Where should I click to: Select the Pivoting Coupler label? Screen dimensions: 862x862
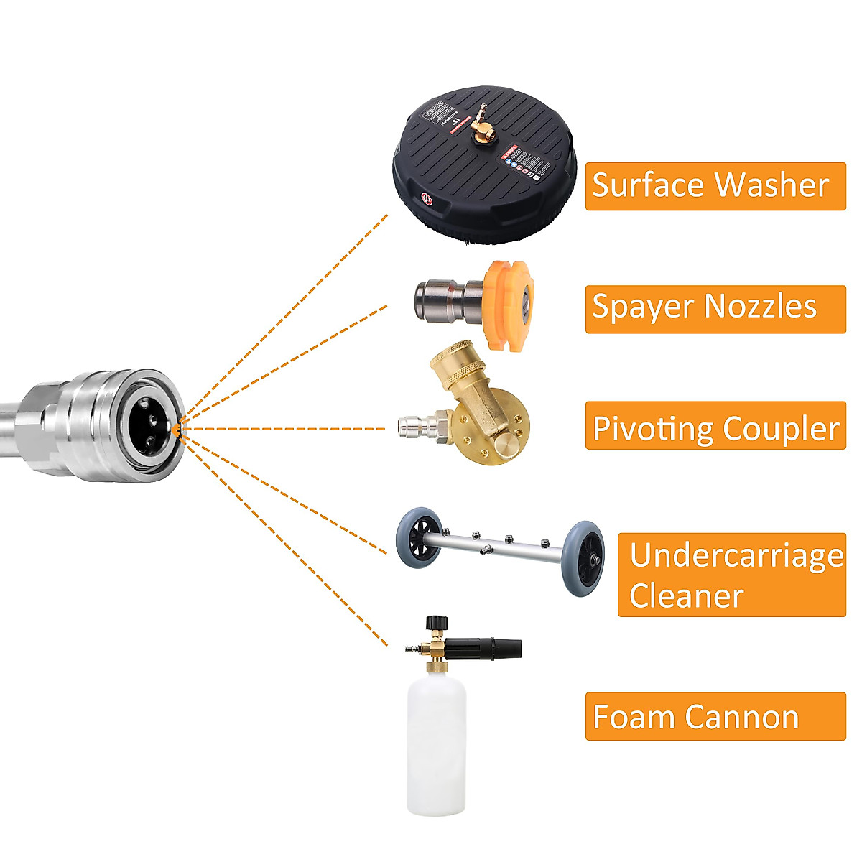point(715,428)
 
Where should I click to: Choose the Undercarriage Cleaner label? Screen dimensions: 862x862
point(731,575)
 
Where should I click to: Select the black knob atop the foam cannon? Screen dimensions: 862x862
point(435,622)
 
